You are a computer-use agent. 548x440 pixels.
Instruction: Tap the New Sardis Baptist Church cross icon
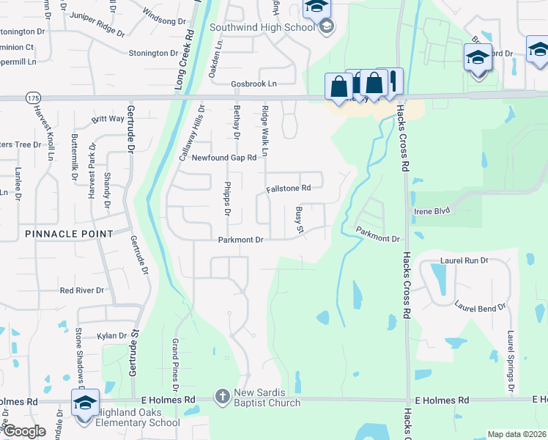click(223, 397)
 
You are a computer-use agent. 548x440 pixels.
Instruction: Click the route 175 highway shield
click(32, 98)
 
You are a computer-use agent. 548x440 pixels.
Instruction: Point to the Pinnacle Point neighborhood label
click(69, 234)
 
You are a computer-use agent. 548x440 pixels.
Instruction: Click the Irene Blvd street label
click(432, 210)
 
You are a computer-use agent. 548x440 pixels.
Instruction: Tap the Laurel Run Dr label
click(464, 260)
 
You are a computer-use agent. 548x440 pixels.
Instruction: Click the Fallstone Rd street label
click(289, 188)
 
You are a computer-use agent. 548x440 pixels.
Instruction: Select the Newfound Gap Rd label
click(224, 158)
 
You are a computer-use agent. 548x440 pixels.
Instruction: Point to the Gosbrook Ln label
click(255, 84)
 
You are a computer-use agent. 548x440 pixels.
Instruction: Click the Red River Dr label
click(82, 290)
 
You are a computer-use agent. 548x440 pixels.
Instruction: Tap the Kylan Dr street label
click(112, 335)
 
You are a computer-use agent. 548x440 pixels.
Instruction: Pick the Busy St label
click(299, 221)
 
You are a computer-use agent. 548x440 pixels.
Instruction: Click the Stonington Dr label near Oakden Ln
click(154, 54)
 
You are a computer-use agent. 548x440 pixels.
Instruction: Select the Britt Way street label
click(108, 119)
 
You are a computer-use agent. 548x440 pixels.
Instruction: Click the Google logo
click(23, 430)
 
